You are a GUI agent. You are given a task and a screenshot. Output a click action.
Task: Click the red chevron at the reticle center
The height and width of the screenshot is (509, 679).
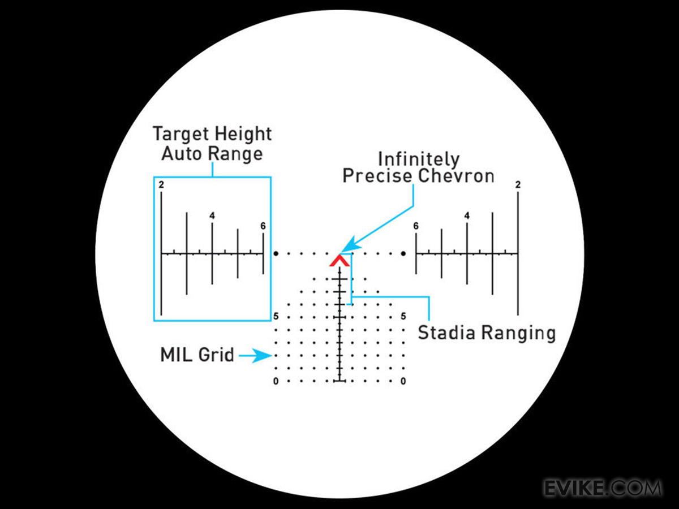coord(339,261)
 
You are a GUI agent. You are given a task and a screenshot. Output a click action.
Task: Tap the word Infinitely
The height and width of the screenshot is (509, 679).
coord(419,158)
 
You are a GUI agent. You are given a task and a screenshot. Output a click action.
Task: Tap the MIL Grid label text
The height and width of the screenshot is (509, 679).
coord(197,355)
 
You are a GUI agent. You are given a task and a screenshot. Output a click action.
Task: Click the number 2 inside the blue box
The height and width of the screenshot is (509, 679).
coord(161,185)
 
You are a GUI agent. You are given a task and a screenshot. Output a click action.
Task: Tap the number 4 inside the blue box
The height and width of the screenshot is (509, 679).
coord(212,215)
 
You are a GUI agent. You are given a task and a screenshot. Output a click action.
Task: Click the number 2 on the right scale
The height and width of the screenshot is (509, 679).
coord(518,185)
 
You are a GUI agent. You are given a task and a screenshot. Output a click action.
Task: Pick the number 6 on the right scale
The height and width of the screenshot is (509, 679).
coord(416,226)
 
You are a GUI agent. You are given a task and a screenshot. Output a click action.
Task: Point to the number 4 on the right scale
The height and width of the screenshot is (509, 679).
coord(467,215)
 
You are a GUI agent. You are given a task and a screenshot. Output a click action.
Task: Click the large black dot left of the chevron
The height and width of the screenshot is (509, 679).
coord(276,254)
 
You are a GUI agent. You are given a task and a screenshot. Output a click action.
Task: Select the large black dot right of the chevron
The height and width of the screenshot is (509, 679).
coord(403,254)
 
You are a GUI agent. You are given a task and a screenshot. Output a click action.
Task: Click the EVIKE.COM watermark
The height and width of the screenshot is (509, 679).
coord(603,488)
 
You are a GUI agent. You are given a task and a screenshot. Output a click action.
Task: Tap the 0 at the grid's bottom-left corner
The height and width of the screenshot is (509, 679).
coord(276,382)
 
